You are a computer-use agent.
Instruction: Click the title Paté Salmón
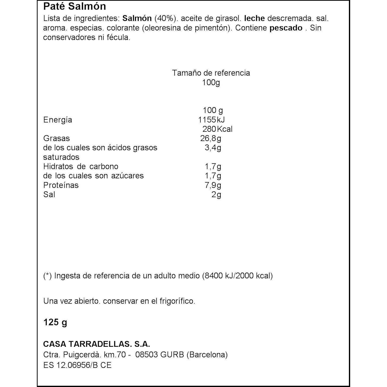pyautogui.click(x=74, y=7)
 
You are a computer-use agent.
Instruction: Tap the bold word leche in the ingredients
pyautogui.click(x=254, y=19)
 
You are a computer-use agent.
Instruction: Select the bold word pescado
pyautogui.click(x=286, y=28)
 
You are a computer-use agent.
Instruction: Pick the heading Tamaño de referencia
pyautogui.click(x=211, y=73)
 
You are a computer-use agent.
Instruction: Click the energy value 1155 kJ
pyautogui.click(x=211, y=120)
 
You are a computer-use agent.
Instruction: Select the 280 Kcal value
pyautogui.click(x=217, y=129)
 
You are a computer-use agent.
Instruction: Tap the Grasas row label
pyautogui.click(x=56, y=138)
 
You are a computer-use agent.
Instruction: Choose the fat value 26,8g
pyautogui.click(x=211, y=138)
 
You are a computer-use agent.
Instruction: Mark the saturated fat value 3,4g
pyautogui.click(x=213, y=148)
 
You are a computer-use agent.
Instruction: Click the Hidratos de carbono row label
pyautogui.click(x=80, y=166)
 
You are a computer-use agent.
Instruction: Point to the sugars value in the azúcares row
pyautogui.click(x=213, y=176)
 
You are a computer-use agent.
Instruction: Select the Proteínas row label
pyautogui.click(x=61, y=185)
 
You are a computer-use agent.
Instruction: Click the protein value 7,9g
pyautogui.click(x=213, y=185)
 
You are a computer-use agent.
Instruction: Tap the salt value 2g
pyautogui.click(x=216, y=195)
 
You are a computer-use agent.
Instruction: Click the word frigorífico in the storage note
pyautogui.click(x=177, y=301)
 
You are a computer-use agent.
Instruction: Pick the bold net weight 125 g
pyautogui.click(x=55, y=322)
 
